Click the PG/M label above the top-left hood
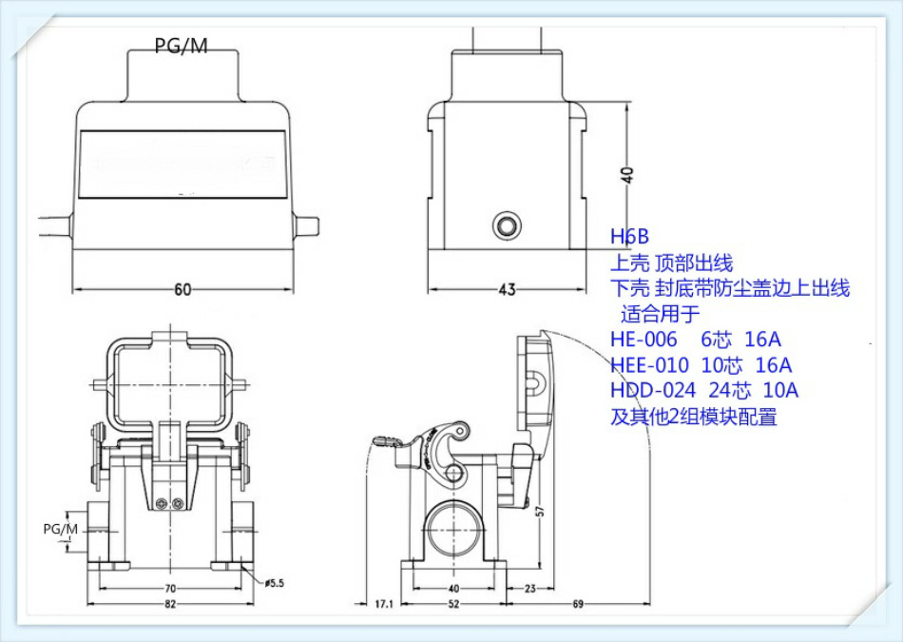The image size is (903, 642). tap(181, 46)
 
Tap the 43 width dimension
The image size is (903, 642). tap(507, 289)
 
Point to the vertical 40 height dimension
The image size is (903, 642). tap(625, 174)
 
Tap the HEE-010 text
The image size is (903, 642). tap(649, 365)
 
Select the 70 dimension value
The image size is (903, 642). tap(171, 589)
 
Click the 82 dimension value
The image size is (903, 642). tap(171, 604)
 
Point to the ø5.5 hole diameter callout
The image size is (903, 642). tap(276, 581)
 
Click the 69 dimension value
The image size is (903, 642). tap(577, 604)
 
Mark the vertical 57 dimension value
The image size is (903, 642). tap(540, 511)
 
